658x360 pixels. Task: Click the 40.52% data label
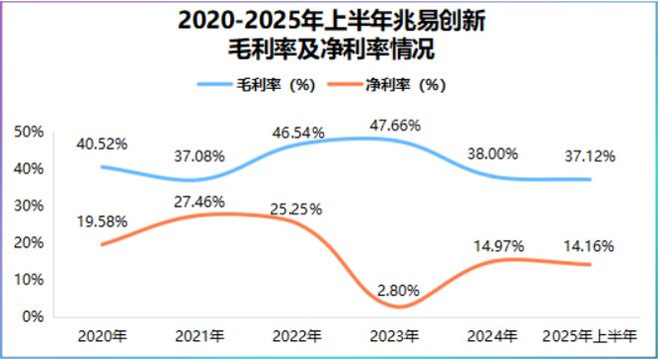click(x=102, y=144)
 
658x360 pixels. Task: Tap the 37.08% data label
click(x=198, y=156)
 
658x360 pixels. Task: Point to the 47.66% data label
click(x=395, y=126)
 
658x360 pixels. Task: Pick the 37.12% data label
click(x=590, y=157)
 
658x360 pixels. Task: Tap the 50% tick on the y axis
click(x=29, y=132)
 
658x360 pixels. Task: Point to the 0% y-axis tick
click(x=32, y=316)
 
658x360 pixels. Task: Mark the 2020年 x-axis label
click(x=102, y=336)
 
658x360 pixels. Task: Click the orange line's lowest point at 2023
click(x=396, y=305)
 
